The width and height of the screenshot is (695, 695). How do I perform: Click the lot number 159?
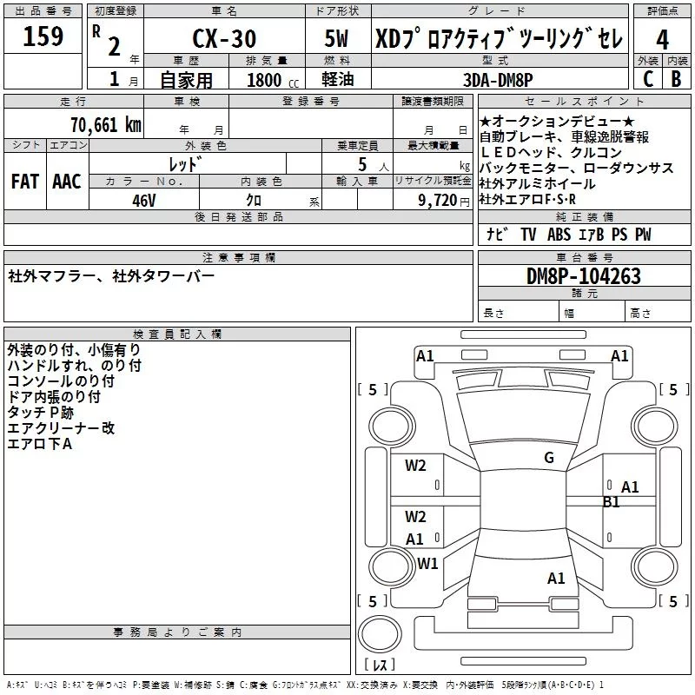(x=43, y=36)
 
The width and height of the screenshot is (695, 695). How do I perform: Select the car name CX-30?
(x=224, y=38)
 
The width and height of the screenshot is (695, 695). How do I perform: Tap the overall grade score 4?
(x=662, y=40)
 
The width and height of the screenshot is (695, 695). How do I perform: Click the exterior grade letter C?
(x=648, y=79)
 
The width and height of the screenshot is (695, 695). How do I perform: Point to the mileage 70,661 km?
(x=106, y=124)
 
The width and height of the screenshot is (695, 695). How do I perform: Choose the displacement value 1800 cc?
(x=273, y=80)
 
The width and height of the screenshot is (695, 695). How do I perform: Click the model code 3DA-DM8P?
(x=498, y=80)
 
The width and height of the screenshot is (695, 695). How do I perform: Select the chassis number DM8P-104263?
(x=583, y=276)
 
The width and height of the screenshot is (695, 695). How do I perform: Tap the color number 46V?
(x=144, y=201)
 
